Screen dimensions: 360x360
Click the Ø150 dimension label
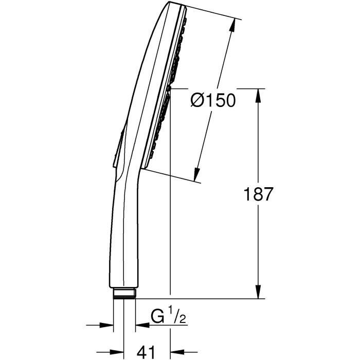(212, 100)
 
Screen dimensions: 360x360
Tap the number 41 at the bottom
(147, 352)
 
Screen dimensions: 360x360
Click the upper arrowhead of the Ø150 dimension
(238, 24)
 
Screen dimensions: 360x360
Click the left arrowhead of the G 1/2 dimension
(109, 325)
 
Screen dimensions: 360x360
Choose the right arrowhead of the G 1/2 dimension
(139, 325)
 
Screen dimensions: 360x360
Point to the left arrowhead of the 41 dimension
(119, 353)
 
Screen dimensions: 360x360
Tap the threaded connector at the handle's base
(124, 293)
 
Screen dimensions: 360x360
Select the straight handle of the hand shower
(123, 237)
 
